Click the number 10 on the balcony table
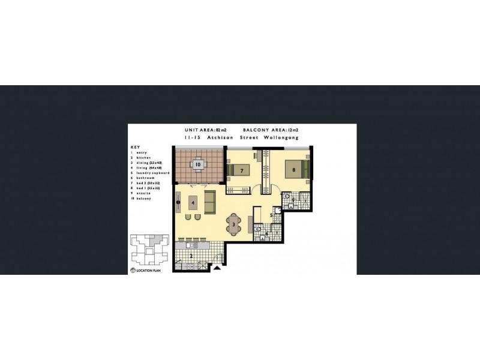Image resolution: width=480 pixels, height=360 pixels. tap(198, 164)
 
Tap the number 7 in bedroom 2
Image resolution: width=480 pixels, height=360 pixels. tap(241, 171)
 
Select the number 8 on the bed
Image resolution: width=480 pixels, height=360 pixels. tap(293, 170)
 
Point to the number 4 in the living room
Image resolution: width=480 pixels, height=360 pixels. tap(193, 203)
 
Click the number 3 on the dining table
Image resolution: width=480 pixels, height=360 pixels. tap(233, 225)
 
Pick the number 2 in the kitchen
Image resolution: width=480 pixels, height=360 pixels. tap(191, 256)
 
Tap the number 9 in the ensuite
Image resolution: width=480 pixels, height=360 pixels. tap(293, 200)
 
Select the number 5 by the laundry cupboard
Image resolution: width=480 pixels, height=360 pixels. tap(271, 215)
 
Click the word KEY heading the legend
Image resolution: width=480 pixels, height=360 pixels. tap(134, 147)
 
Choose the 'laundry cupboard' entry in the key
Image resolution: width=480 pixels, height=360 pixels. tap(151, 173)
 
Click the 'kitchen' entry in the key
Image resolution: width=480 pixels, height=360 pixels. tap(142, 158)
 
